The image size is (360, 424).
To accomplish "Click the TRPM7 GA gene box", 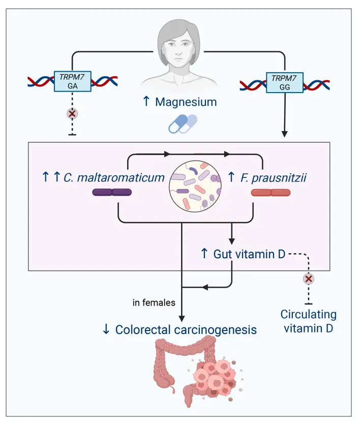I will [x=73, y=81].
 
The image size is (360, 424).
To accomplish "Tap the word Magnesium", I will [x=186, y=102].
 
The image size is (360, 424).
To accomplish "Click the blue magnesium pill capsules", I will [x=183, y=124].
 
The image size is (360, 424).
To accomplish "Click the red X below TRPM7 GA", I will [x=73, y=112].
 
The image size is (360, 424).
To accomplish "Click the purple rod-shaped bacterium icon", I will [x=112, y=192].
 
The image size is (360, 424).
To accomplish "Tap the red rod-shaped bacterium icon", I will [x=271, y=193].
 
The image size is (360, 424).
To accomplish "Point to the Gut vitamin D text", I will [x=249, y=253].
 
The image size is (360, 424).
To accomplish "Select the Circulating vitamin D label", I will [x=309, y=321].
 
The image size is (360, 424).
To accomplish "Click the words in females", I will [x=154, y=303].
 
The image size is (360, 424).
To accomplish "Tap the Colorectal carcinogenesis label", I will [x=186, y=329].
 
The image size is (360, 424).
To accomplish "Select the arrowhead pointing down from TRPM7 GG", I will [x=285, y=135].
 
